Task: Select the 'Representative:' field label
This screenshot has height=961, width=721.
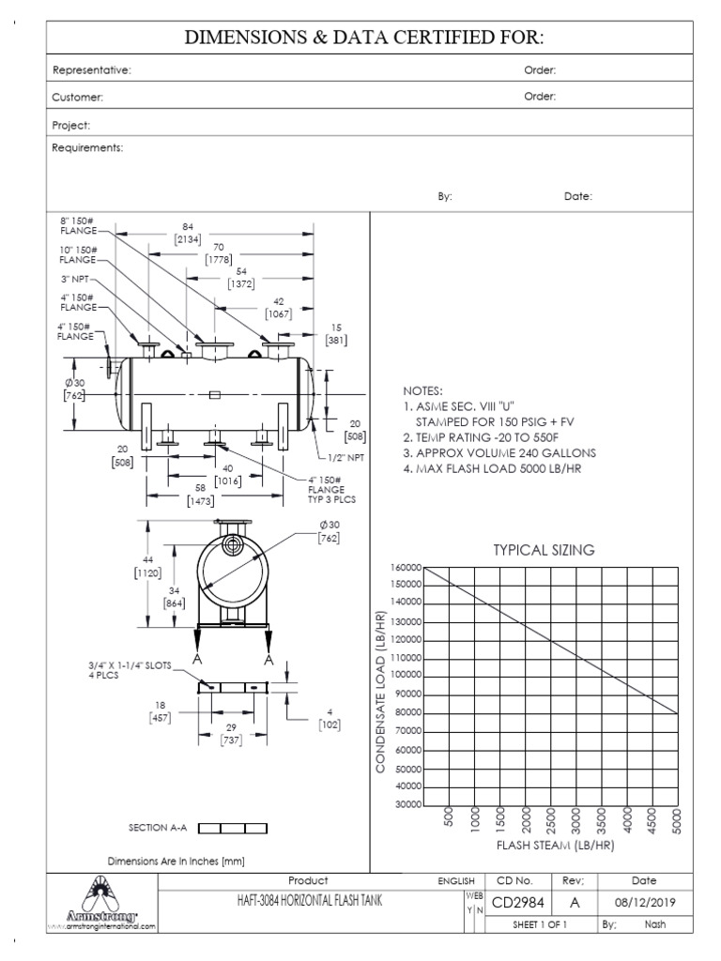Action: pos(91,70)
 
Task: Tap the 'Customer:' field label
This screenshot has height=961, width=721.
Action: pos(78,97)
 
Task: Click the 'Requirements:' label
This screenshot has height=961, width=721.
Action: pos(87,148)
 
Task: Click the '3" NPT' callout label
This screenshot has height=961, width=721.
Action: pos(76,278)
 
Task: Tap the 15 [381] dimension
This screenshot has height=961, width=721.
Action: pos(335,334)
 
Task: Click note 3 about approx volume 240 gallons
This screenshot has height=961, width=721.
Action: pos(499,452)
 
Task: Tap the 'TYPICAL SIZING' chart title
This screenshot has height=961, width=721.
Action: pos(544,551)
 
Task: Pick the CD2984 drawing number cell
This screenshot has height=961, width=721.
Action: pos(519,902)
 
